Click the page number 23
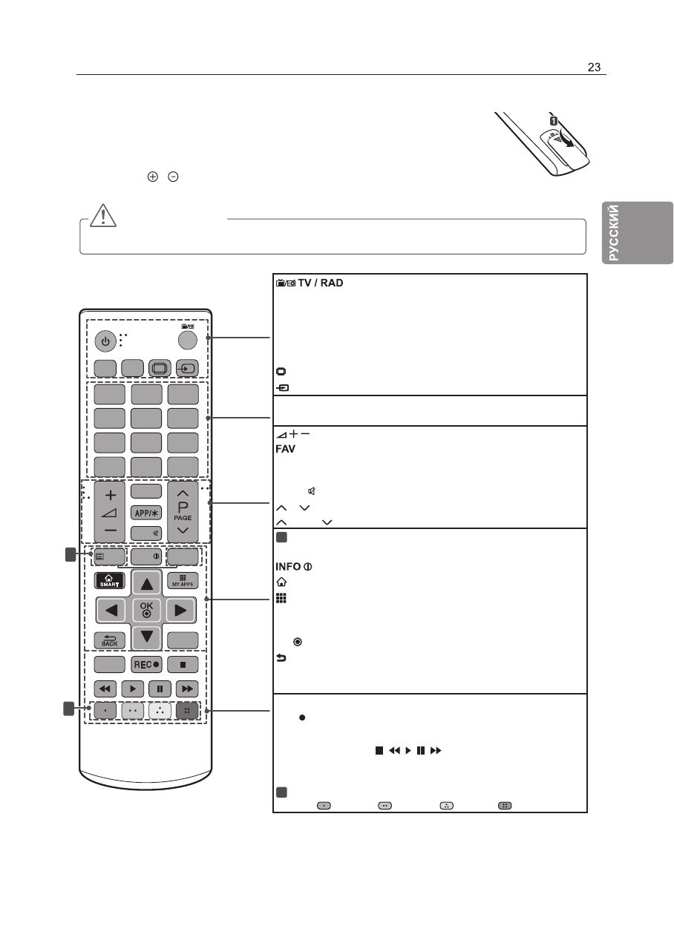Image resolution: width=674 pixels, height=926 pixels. (x=593, y=67)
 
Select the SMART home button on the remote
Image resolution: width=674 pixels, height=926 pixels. (x=109, y=579)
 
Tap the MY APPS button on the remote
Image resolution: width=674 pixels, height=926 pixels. (x=183, y=579)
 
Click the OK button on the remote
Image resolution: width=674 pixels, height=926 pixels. (x=145, y=609)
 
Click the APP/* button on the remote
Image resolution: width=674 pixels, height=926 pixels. (x=145, y=513)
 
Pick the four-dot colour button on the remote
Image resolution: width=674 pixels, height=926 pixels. (x=187, y=710)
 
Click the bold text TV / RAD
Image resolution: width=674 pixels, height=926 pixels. (x=321, y=283)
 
